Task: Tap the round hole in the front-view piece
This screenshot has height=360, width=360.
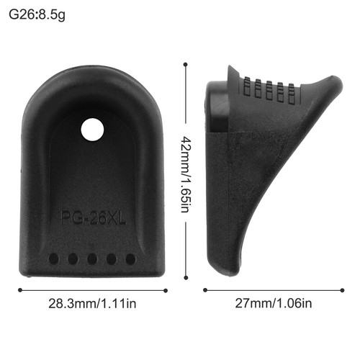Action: click(x=91, y=130)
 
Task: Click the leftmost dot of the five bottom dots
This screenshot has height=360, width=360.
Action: click(x=53, y=258)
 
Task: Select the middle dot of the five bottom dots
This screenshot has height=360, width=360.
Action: click(x=91, y=258)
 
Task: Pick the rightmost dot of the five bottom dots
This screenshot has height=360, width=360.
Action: click(x=130, y=258)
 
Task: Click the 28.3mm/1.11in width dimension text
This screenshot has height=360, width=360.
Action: click(x=93, y=303)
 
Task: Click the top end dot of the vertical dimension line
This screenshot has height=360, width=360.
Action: click(x=186, y=65)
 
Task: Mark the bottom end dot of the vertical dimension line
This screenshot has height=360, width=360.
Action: click(x=186, y=276)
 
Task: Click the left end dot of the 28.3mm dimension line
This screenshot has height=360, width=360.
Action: click(x=19, y=290)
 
